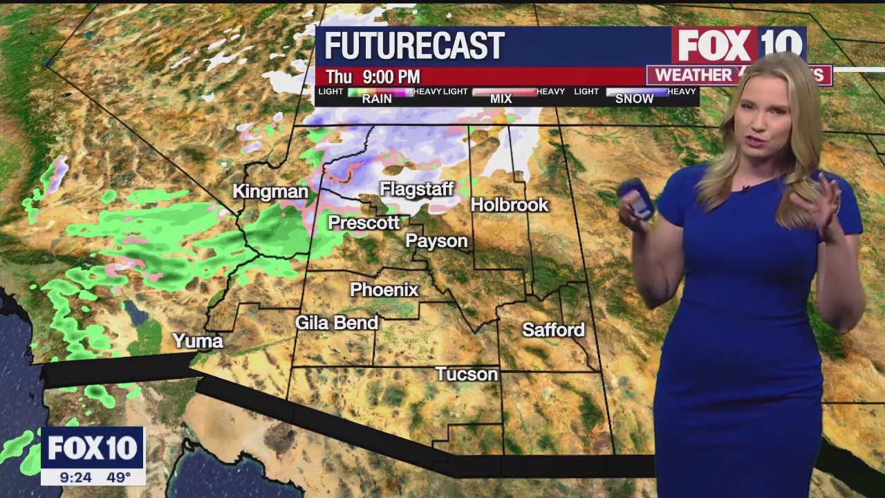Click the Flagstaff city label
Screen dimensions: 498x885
click(416, 190)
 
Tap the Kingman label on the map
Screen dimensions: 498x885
click(270, 192)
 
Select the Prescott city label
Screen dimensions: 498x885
click(364, 223)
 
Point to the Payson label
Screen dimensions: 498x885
click(436, 241)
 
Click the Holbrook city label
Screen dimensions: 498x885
click(510, 205)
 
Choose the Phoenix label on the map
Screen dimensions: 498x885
click(384, 290)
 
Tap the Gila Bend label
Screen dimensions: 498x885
click(337, 322)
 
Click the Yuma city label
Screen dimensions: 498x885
click(198, 341)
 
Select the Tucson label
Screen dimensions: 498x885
click(467, 374)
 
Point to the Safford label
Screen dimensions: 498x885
click(553, 330)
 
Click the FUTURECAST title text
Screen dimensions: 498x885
click(414, 46)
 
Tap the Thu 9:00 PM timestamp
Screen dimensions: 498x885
click(373, 77)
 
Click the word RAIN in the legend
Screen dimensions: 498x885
click(377, 99)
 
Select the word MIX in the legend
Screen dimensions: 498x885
click(501, 99)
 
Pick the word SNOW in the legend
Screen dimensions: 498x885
click(634, 99)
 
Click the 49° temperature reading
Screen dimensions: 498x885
click(118, 477)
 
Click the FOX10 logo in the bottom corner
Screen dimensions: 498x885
click(93, 448)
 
